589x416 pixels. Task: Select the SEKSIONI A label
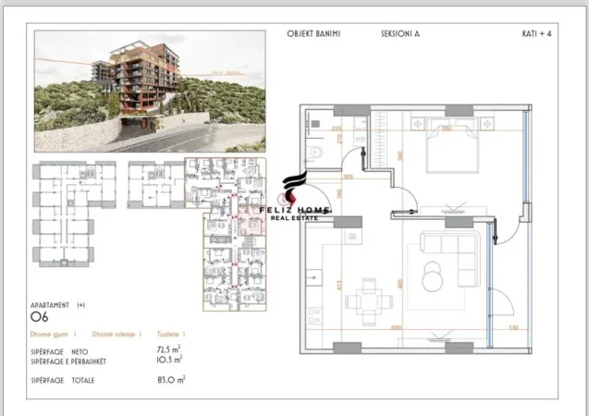coord(399,34)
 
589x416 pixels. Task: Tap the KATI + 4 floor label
coord(538,34)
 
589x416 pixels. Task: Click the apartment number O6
coord(39,316)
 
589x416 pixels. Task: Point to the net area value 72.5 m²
coord(169,350)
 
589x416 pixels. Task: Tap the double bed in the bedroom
coord(445,146)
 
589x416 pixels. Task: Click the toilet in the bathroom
coord(314,153)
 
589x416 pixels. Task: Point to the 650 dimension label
coord(396,328)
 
